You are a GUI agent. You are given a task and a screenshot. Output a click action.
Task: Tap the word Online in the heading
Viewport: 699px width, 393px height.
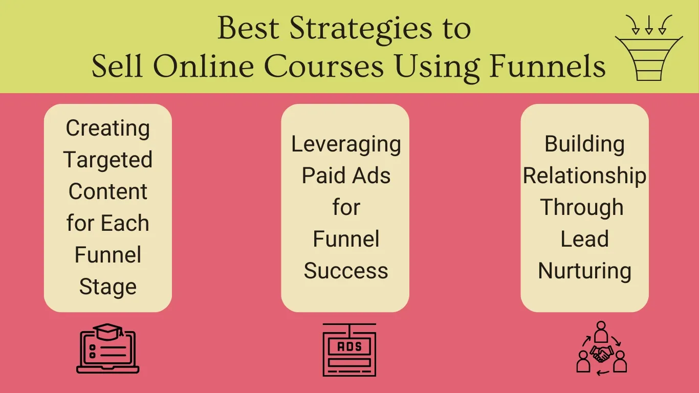click(204, 67)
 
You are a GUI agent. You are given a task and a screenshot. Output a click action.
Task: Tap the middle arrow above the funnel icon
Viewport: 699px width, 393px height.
click(649, 25)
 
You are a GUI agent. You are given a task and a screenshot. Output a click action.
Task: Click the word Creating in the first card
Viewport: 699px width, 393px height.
click(108, 128)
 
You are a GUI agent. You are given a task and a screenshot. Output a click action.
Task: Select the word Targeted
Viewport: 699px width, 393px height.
click(108, 160)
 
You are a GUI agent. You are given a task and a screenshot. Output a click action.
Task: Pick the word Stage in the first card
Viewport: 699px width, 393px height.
click(108, 287)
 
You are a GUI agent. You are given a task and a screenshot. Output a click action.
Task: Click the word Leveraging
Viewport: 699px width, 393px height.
click(346, 144)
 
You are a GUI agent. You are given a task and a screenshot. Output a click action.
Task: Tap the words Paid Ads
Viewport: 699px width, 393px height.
click(346, 175)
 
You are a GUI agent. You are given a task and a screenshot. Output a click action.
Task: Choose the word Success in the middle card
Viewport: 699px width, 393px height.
click(346, 270)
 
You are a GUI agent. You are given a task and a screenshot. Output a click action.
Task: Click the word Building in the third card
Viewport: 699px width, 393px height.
click(584, 144)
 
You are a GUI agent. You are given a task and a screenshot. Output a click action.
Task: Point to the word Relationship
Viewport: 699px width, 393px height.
click(584, 176)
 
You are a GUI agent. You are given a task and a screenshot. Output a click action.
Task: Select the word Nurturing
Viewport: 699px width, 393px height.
click(584, 271)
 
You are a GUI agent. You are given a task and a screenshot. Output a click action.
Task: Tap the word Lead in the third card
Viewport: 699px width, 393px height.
click(584, 239)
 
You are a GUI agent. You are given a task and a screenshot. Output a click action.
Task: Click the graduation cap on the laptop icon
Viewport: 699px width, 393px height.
click(108, 332)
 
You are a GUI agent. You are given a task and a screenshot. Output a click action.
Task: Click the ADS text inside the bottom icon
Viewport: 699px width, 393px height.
click(349, 346)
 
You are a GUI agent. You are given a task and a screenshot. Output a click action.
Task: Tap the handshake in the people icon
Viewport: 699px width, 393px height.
click(602, 354)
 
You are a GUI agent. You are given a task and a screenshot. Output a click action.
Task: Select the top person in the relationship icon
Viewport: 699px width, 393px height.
click(601, 332)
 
